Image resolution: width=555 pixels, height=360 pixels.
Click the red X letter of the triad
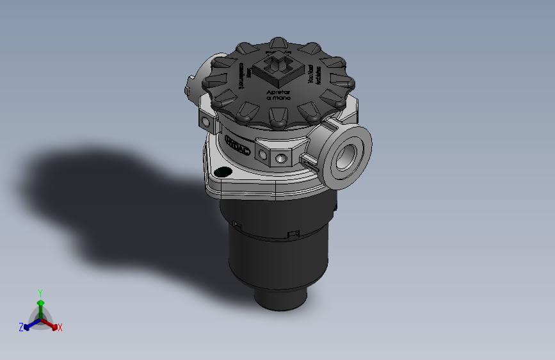60,327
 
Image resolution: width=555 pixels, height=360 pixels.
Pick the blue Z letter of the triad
21,327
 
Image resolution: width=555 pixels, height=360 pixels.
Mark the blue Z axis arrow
29,325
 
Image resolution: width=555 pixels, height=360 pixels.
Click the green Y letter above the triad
40,292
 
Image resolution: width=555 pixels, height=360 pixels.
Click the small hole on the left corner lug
205,120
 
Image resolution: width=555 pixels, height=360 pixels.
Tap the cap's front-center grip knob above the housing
278,117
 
